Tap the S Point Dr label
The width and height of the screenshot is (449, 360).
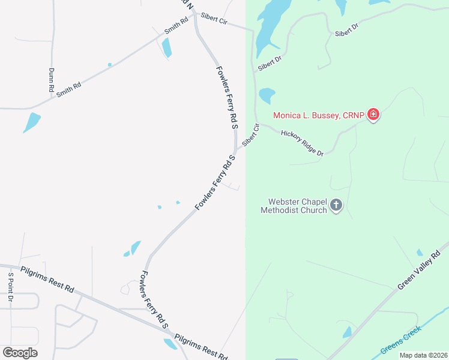pyautogui.click(x=10, y=287)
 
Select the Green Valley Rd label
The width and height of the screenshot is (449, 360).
pyautogui.click(x=419, y=270)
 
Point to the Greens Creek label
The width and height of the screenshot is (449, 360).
pyautogui.click(x=401, y=340)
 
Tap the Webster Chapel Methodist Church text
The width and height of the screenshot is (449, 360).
pyautogui.click(x=294, y=206)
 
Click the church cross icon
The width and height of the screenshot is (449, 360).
pyautogui.click(x=336, y=206)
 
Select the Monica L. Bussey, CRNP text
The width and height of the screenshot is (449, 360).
pyautogui.click(x=319, y=115)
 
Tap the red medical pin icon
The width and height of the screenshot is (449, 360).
pyautogui.click(x=373, y=114)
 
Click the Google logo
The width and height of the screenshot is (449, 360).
pyautogui.click(x=20, y=353)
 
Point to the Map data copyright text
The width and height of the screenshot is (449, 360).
pyautogui.click(x=423, y=355)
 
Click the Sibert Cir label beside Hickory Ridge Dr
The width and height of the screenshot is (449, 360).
pyautogui.click(x=250, y=135)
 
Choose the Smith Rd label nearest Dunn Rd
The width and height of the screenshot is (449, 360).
pyautogui.click(x=68, y=91)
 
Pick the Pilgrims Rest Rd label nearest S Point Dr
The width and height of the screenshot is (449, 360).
pyautogui.click(x=46, y=280)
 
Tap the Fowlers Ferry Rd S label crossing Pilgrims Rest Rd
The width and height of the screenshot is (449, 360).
pyautogui.click(x=154, y=299)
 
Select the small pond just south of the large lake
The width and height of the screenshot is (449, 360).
pyautogui.click(x=266, y=95)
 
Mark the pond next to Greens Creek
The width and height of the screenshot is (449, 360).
pyautogui.click(x=347, y=332)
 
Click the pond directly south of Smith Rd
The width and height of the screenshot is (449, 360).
pyautogui.click(x=166, y=47)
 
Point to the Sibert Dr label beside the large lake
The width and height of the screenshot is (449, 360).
pyautogui.click(x=270, y=64)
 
